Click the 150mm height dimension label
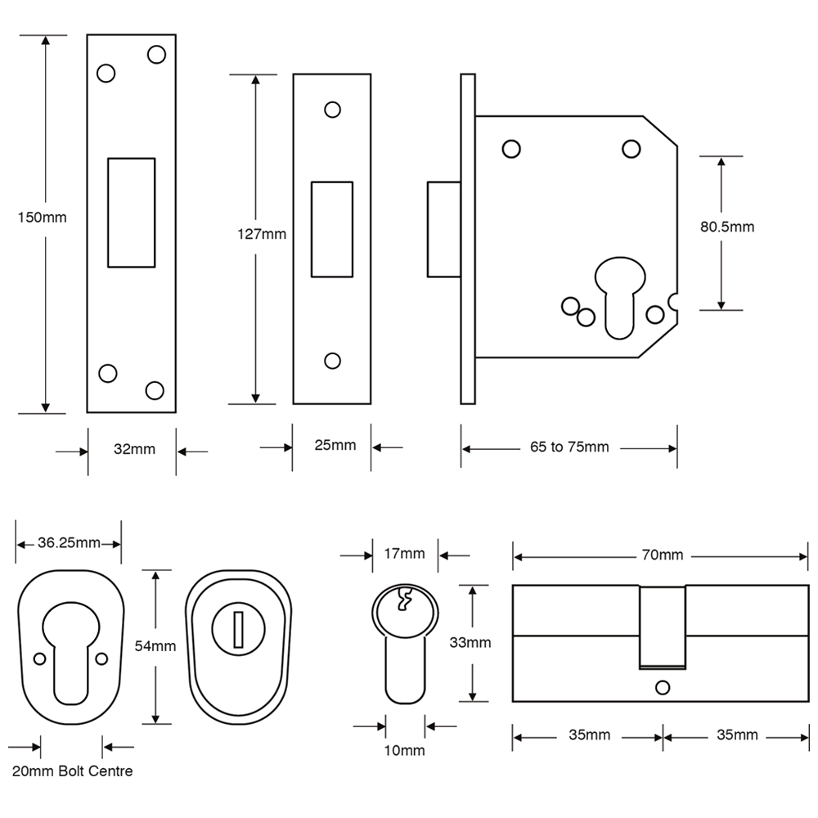42,218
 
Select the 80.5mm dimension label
726,227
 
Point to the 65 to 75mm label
569,447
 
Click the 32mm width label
133,449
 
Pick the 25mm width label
335,446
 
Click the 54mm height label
155,646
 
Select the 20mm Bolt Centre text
72,771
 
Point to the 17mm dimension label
404,554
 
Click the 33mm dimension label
470,642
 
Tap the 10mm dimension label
404,750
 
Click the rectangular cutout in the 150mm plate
131,213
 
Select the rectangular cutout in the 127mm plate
331,231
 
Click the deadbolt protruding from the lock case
443,230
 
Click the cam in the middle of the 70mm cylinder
661,626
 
